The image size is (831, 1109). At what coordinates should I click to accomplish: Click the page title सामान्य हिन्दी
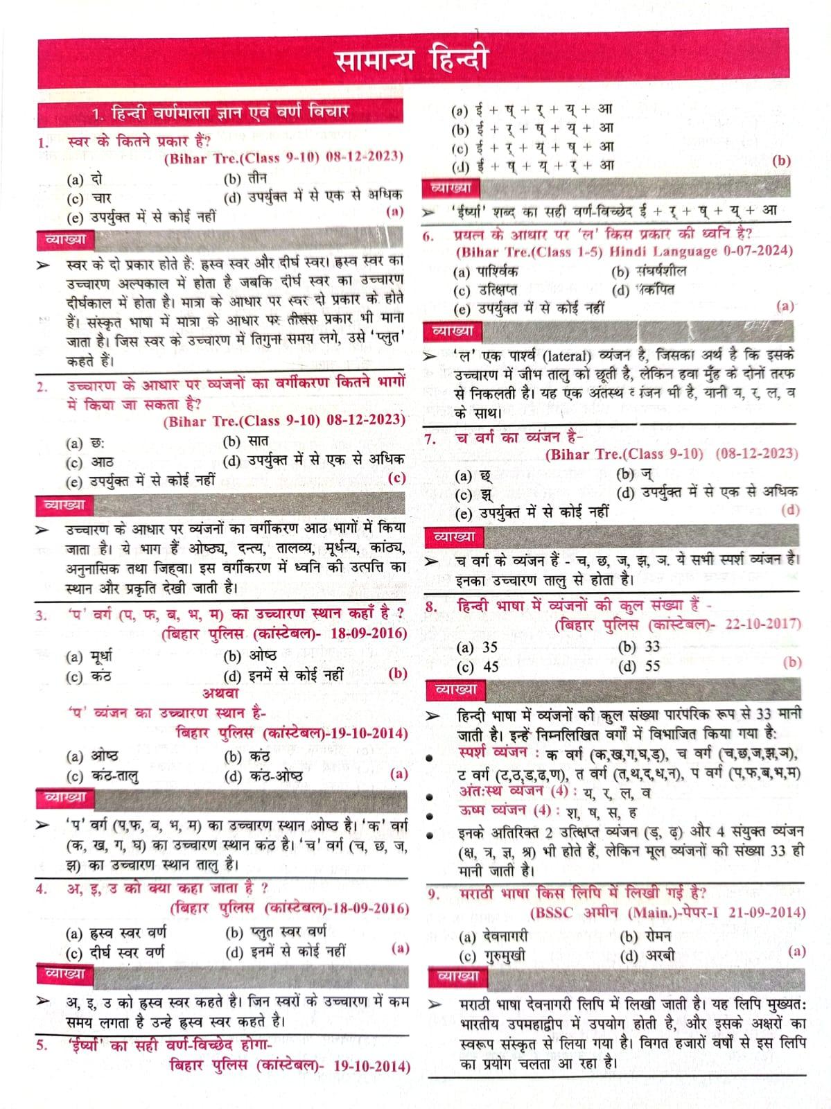tap(413, 60)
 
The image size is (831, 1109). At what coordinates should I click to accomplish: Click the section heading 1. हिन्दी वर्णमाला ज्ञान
tap(220, 112)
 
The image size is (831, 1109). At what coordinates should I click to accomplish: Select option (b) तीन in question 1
tap(247, 179)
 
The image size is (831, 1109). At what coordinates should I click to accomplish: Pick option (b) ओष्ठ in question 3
tap(250, 656)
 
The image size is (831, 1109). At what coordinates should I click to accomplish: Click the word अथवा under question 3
tap(221, 692)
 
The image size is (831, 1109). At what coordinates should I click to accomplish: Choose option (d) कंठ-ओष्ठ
tap(263, 776)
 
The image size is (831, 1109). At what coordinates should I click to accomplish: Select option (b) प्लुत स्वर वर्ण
tap(277, 932)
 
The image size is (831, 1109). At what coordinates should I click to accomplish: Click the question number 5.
tap(42, 1045)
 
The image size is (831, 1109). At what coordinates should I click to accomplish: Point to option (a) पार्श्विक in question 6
tap(486, 272)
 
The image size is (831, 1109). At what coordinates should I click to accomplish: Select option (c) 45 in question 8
tap(478, 667)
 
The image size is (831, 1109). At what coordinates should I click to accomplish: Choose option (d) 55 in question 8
tap(640, 666)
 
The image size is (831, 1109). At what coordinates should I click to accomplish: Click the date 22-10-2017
tap(763, 624)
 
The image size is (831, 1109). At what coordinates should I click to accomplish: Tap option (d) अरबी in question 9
tap(647, 956)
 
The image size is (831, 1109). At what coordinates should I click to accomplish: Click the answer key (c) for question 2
tap(397, 478)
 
